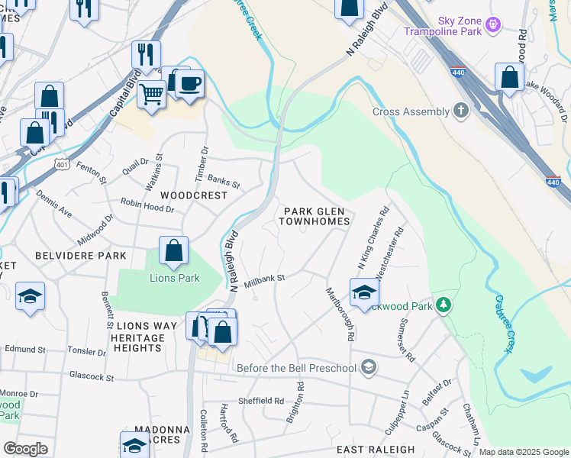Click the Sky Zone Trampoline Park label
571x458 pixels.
click(458, 27)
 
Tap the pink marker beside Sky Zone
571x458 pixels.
click(494, 25)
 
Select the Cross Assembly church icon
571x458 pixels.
click(460, 111)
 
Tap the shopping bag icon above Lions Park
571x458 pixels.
click(174, 250)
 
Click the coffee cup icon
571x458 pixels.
click(189, 82)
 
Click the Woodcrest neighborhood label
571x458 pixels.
click(194, 195)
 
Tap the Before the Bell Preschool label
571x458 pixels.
click(296, 369)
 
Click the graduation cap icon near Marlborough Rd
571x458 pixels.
click(365, 292)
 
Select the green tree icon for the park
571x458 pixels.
click(443, 305)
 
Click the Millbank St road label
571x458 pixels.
click(264, 281)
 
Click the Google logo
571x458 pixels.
click(25, 448)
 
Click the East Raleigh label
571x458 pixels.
click(375, 450)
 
